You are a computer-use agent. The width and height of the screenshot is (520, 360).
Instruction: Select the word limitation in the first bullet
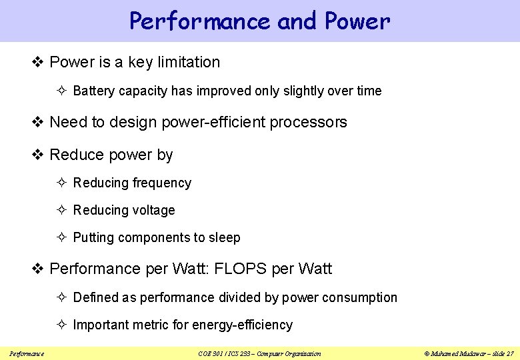click(188, 63)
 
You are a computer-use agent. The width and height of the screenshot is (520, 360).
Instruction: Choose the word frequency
click(162, 183)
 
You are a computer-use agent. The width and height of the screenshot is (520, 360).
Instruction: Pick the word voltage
click(153, 211)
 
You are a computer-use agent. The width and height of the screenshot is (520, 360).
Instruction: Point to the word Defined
click(95, 298)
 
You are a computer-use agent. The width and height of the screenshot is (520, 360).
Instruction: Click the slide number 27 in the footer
click(509, 353)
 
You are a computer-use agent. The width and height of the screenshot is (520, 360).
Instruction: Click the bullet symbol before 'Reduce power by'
click(39, 155)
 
